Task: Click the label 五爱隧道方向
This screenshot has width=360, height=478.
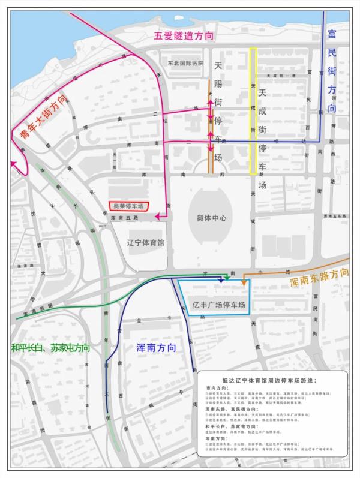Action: pyautogui.click(x=184, y=36)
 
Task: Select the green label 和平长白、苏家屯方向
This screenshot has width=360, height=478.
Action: pyautogui.click(x=50, y=347)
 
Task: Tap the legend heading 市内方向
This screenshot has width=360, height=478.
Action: pyautogui.click(x=214, y=389)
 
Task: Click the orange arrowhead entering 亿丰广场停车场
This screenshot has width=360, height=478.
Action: pyautogui.click(x=244, y=282)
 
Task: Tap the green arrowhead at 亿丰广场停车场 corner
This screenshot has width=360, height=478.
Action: pyautogui.click(x=227, y=279)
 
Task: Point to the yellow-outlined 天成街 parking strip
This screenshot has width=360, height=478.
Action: pyautogui.click(x=253, y=111)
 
